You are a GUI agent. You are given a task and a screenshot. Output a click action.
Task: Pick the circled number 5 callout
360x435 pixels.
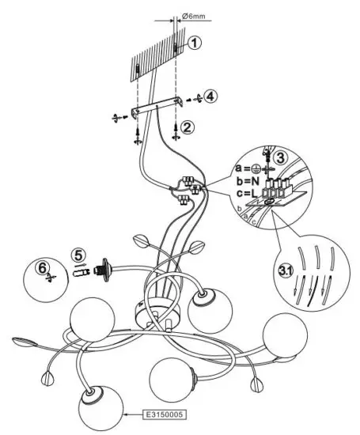point(77,255)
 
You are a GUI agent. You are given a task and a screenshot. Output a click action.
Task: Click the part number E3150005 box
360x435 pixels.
point(163,413)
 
